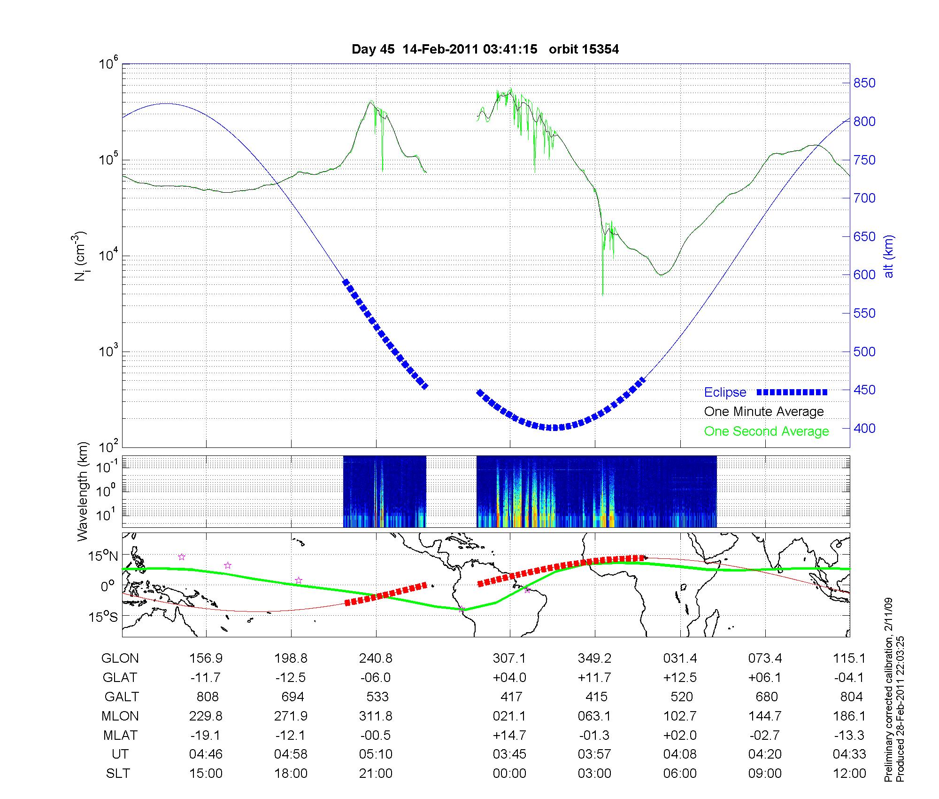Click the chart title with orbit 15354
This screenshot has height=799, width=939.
click(485, 49)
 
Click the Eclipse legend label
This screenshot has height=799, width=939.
click(725, 392)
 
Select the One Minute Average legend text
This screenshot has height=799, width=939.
click(764, 412)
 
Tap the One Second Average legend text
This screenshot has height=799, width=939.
click(766, 431)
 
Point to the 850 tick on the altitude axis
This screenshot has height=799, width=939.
click(864, 83)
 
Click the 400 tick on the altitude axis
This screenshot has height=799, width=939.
click(864, 429)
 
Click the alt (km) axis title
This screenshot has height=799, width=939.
click(889, 256)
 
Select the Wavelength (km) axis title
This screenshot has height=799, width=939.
click(84, 492)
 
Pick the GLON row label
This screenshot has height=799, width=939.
click(120, 658)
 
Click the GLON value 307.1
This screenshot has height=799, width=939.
click(509, 658)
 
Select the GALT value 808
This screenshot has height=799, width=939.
click(207, 697)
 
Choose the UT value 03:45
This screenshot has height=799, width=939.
click(509, 754)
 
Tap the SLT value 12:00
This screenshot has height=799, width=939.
click(849, 774)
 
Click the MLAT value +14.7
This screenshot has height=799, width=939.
click(509, 735)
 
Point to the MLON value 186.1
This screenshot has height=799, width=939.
click(849, 716)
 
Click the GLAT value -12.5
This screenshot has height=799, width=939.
click(291, 678)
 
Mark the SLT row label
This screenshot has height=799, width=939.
click(118, 774)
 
